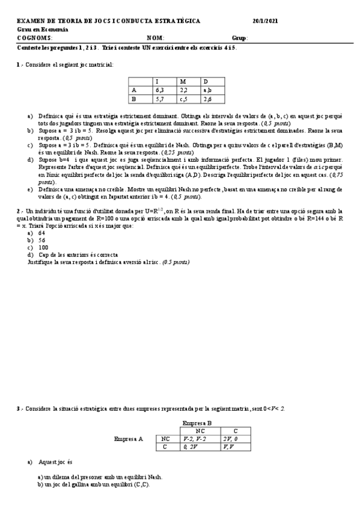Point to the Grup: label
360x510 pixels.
239,38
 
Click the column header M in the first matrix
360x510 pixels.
183,82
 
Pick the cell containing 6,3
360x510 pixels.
159,90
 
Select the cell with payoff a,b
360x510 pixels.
207,90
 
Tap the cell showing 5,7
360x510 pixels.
159,99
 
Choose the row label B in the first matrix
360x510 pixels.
133,99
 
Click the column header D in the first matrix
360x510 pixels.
206,82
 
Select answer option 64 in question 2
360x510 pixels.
41,232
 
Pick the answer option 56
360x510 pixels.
41,239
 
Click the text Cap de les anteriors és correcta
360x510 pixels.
78,254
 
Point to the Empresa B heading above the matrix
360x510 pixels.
196,423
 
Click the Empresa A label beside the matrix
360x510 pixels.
129,439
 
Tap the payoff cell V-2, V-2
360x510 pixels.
195,439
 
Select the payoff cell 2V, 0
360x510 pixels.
231,439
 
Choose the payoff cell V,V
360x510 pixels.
228,447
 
